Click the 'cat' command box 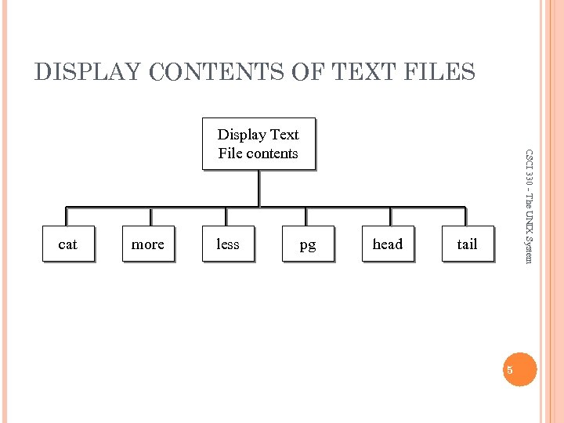[68, 244]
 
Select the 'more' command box [148, 244]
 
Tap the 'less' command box [228, 244]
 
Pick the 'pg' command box [308, 244]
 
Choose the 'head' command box [388, 244]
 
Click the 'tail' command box [468, 244]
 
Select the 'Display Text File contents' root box [258, 143]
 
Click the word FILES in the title [438, 73]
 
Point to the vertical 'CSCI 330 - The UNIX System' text [530, 206]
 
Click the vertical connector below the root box [258, 188]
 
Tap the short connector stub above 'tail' [468, 217]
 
